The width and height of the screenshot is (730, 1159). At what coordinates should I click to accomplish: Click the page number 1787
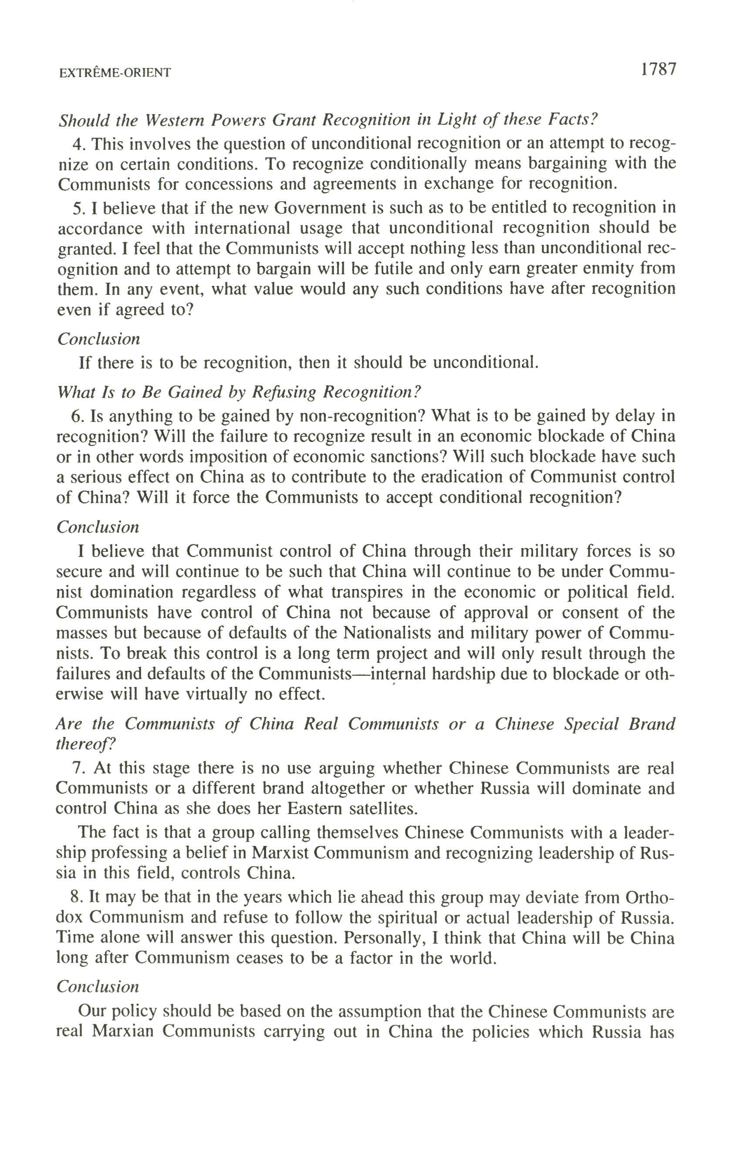658,70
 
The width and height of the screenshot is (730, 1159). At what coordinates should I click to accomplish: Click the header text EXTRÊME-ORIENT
115,73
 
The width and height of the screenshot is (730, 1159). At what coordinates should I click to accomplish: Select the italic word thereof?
86,744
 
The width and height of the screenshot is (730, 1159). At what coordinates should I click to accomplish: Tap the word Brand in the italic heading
652,724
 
